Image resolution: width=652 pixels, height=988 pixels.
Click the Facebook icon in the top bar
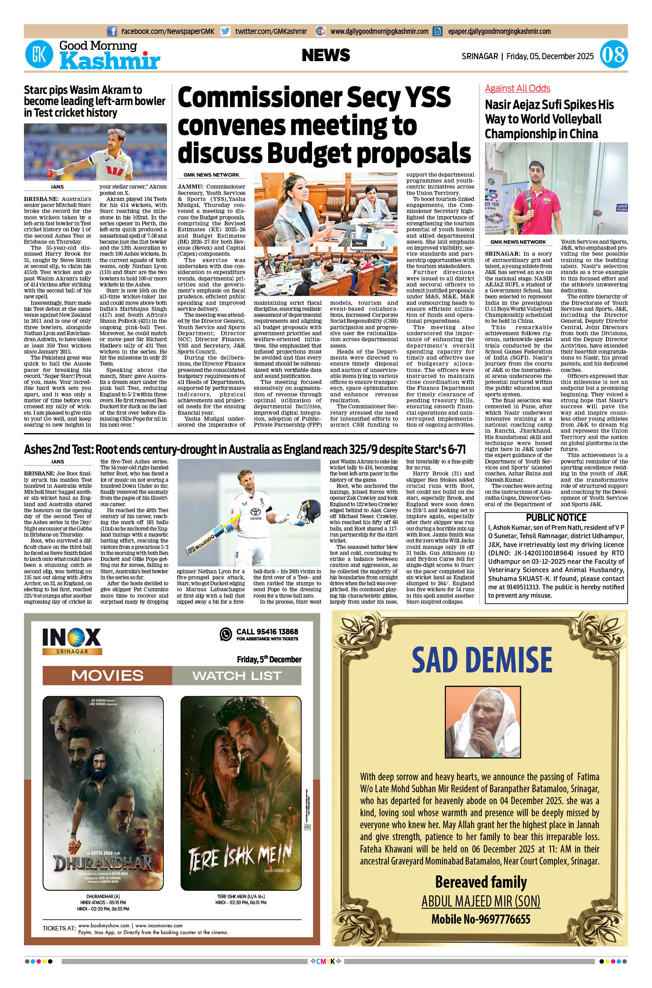[x=112, y=31]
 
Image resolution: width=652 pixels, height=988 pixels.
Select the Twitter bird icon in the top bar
[x=225, y=31]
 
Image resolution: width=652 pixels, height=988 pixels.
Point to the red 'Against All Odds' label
[x=517, y=88]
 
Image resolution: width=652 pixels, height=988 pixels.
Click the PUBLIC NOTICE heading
[x=556, y=517]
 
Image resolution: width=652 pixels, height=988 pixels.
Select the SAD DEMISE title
[x=481, y=660]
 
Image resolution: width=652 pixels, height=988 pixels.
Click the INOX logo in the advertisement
[x=72, y=637]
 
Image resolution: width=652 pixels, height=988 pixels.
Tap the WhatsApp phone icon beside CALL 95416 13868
[x=225, y=634]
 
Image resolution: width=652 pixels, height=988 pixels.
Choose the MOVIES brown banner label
[x=107, y=675]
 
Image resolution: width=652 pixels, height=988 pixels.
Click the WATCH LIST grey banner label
[x=237, y=675]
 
